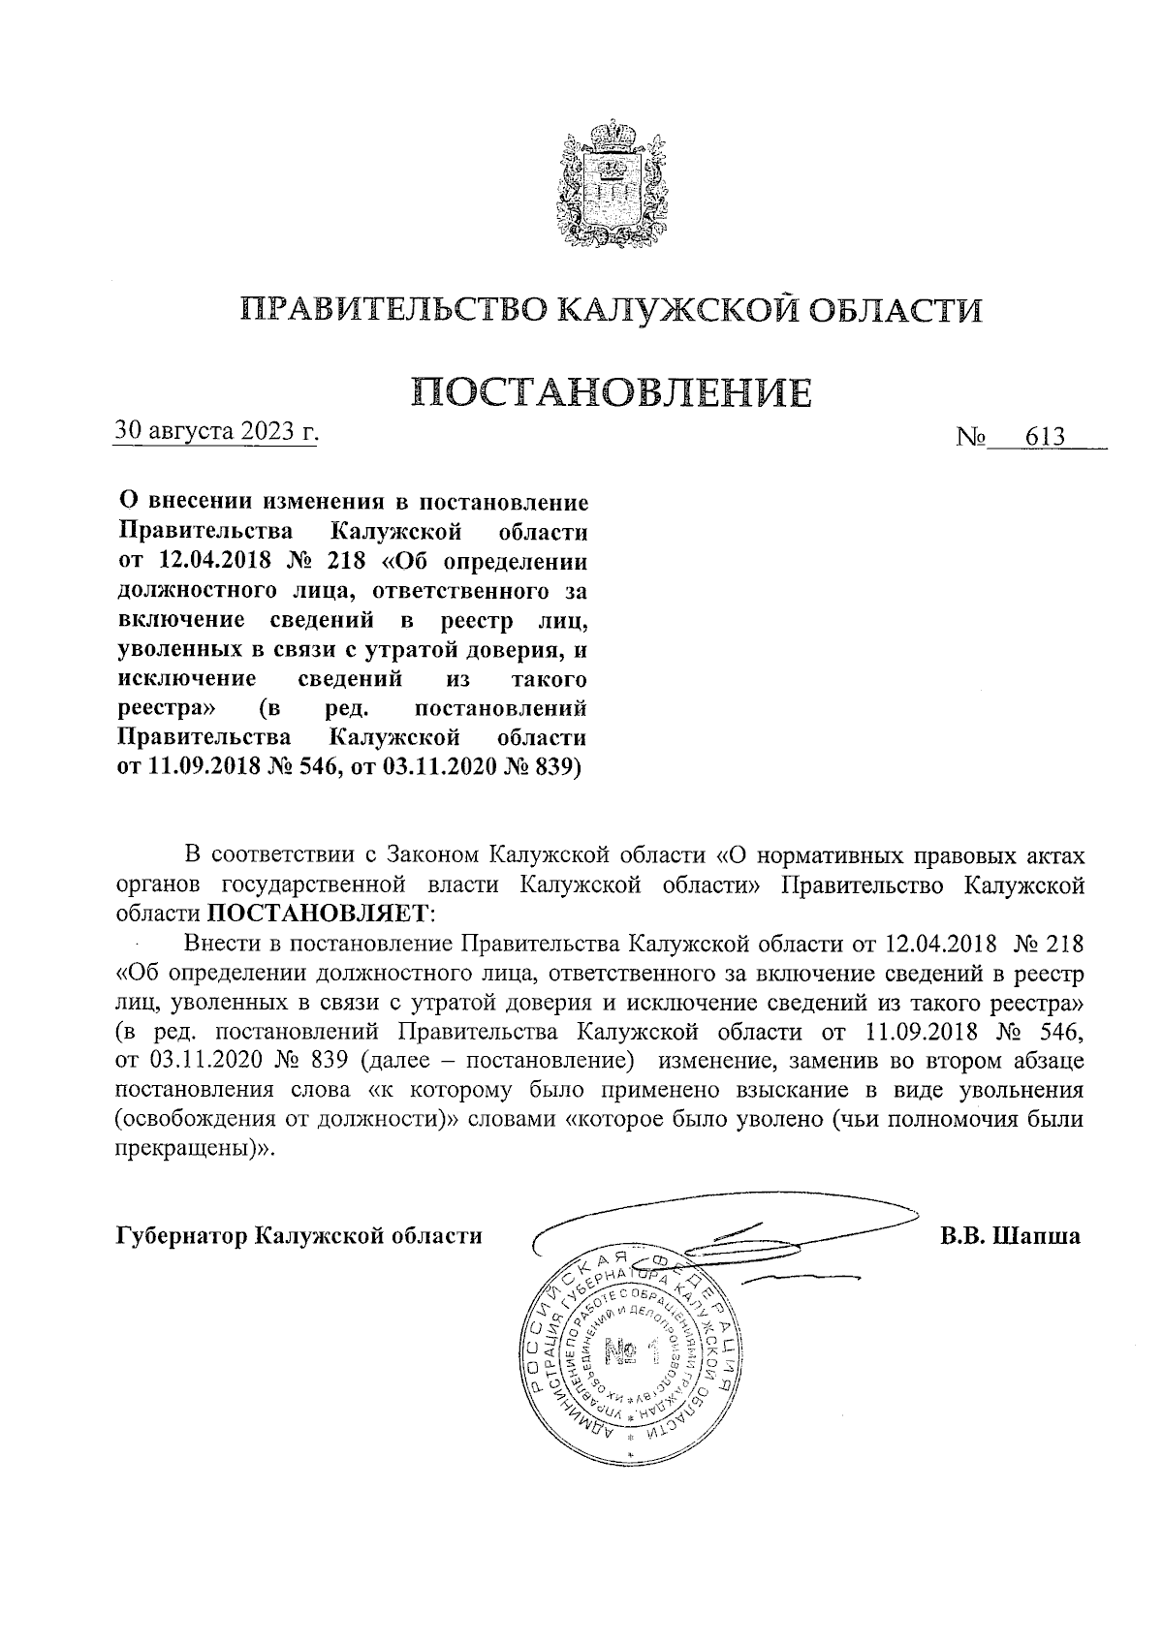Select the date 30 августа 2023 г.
216,430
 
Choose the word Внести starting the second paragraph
221,942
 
